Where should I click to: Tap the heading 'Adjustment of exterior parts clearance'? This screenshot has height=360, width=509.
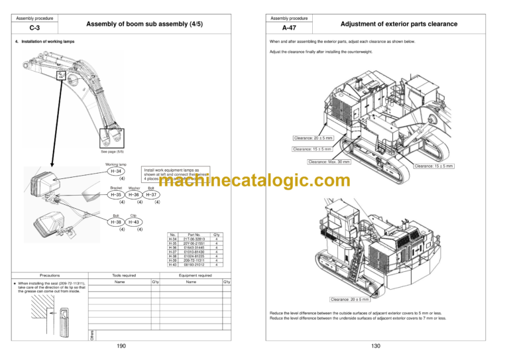point(398,25)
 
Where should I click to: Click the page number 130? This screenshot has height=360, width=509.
point(375,345)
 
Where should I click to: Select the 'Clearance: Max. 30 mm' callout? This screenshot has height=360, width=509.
point(329,161)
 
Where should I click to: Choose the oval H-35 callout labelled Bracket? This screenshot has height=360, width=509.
point(115,195)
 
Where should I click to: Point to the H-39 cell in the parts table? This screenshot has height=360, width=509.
point(172,261)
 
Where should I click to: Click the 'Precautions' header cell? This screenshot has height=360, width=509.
point(50,274)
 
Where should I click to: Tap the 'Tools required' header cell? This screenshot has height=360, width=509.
point(124,274)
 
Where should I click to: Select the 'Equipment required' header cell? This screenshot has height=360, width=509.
point(196,274)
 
